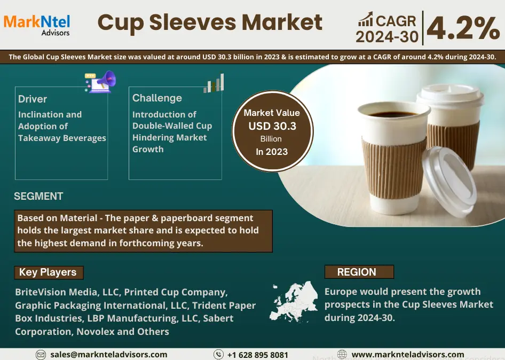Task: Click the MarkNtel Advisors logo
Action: coord(37,25)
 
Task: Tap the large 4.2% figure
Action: coord(463,28)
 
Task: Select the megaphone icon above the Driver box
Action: coord(100,82)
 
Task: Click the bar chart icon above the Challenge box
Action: coord(214,83)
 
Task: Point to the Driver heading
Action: coord(33,99)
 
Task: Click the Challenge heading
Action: coord(157,98)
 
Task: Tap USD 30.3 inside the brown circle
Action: coord(272,126)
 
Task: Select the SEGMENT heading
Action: coord(38,196)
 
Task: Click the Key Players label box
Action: coord(49,272)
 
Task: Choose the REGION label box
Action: coord(359,272)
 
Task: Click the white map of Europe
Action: coord(294,302)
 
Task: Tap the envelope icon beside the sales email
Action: coord(41,355)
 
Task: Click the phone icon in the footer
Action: coord(218,355)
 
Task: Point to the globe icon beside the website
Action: coord(342,355)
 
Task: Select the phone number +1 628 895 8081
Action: coord(258,355)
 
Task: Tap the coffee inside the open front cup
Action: coord(392,114)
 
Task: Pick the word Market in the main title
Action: coord(282,22)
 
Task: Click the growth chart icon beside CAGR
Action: coord(366,19)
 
